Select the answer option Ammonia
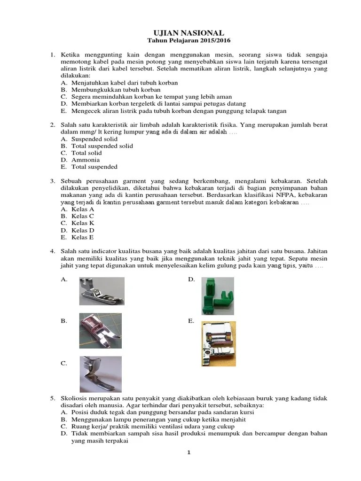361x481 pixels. point(85,160)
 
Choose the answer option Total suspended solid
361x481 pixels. point(102,146)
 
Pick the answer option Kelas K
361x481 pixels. point(83,223)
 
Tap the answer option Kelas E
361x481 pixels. point(83,237)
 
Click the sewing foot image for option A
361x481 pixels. point(102,291)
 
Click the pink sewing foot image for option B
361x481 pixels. point(100,331)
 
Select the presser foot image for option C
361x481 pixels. point(100,373)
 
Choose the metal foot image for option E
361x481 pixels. point(219,343)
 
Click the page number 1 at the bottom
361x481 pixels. point(188,453)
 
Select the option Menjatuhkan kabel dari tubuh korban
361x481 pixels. point(124,83)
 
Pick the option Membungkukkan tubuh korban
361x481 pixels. point(116,90)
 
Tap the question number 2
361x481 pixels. point(53,125)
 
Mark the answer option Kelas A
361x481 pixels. point(83,209)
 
